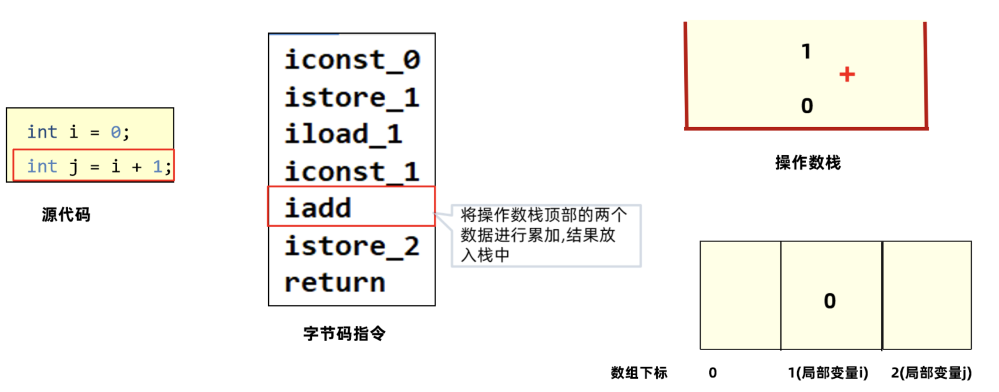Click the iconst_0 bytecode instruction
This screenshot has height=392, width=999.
pyautogui.click(x=352, y=60)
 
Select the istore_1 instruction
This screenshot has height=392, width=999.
pyautogui.click(x=352, y=98)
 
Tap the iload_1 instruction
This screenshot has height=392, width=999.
pyautogui.click(x=344, y=134)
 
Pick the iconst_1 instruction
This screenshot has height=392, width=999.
pyautogui.click(x=352, y=171)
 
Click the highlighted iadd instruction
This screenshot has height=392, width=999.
pyautogui.click(x=318, y=208)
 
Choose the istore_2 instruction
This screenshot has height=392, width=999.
pyautogui.click(x=352, y=246)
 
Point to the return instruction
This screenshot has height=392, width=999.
pyautogui.click(x=335, y=283)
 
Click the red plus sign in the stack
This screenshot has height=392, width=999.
pyautogui.click(x=847, y=74)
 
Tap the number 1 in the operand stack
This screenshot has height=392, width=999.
pyautogui.click(x=806, y=51)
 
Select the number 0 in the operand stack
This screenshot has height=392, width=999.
pyautogui.click(x=807, y=106)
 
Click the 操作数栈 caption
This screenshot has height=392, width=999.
pyautogui.click(x=808, y=163)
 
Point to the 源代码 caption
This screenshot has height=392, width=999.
pyautogui.click(x=66, y=215)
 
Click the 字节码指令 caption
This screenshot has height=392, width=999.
pyautogui.click(x=345, y=334)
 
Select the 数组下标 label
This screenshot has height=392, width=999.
pyautogui.click(x=639, y=373)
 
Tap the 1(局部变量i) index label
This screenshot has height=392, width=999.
pyautogui.click(x=828, y=373)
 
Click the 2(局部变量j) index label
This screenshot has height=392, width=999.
pyautogui.click(x=931, y=373)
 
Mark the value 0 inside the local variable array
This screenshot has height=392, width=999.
pyautogui.click(x=830, y=301)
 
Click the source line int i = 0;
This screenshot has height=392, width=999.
pyautogui.click(x=78, y=132)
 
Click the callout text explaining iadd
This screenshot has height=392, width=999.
pyautogui.click(x=544, y=235)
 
